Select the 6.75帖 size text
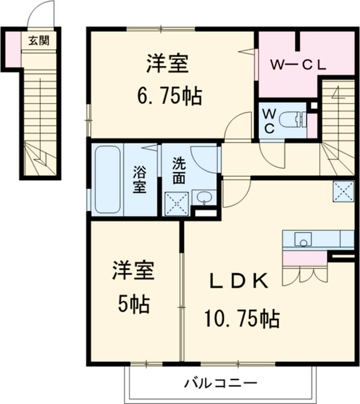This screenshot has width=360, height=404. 167,95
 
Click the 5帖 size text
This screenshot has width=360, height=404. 133,304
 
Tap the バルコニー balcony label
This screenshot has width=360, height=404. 220,382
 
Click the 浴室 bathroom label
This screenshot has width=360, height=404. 139,180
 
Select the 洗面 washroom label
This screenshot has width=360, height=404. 179,170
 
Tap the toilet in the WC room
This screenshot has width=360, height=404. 295,120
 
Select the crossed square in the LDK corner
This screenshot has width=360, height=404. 344,191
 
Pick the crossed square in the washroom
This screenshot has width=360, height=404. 177,203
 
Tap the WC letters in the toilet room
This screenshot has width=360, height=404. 269,120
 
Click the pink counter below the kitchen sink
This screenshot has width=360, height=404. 304,258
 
